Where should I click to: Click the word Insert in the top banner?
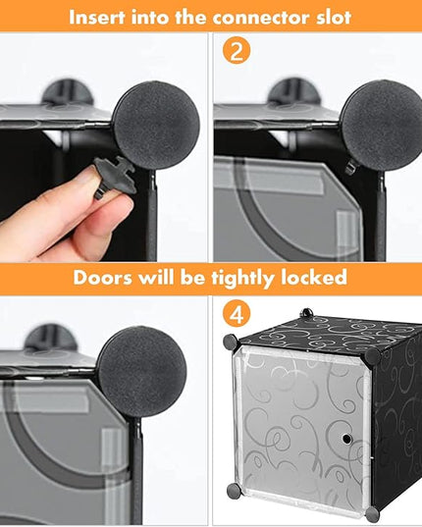[x=97, y=17]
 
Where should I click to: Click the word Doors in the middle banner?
[x=102, y=278]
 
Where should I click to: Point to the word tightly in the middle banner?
[x=242, y=279]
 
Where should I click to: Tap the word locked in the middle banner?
[x=313, y=278]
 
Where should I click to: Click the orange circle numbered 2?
[x=237, y=51]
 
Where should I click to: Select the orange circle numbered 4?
[x=237, y=314]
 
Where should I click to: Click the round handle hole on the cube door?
[x=346, y=439]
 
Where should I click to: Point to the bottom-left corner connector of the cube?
[x=234, y=491]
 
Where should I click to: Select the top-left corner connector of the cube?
[x=231, y=342]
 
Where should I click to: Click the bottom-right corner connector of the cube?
[x=372, y=514]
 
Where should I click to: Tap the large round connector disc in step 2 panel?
[x=383, y=126]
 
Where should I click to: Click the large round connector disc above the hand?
[x=156, y=125]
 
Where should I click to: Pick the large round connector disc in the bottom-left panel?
[x=141, y=371]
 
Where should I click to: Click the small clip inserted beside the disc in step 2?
[x=351, y=167]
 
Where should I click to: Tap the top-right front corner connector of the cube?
[x=372, y=357]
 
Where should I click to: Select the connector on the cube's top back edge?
[x=306, y=313]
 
